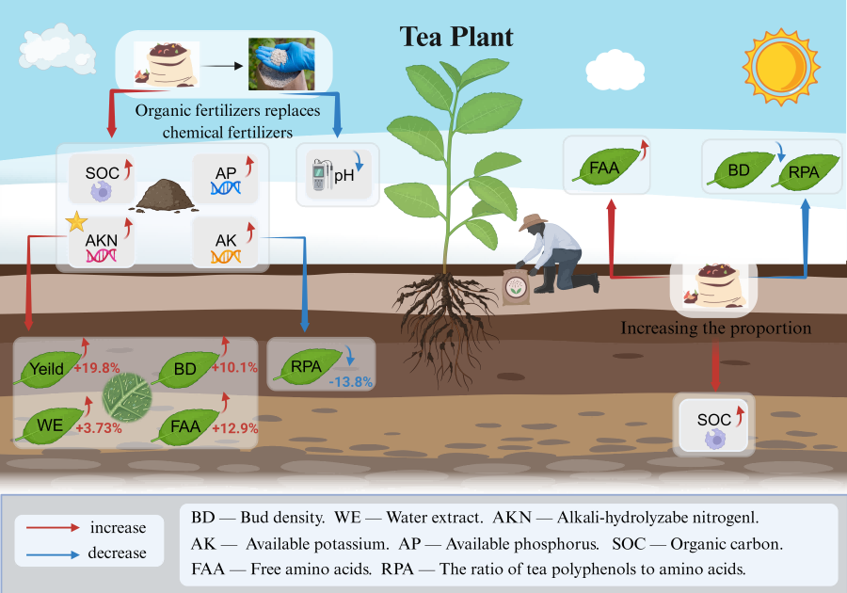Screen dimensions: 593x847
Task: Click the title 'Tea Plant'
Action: point(457,37)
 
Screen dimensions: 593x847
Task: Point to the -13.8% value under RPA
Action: point(351,382)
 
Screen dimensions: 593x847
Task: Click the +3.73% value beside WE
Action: point(97,427)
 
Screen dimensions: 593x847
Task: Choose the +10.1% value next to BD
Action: point(236,367)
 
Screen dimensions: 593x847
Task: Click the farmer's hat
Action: point(533,221)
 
